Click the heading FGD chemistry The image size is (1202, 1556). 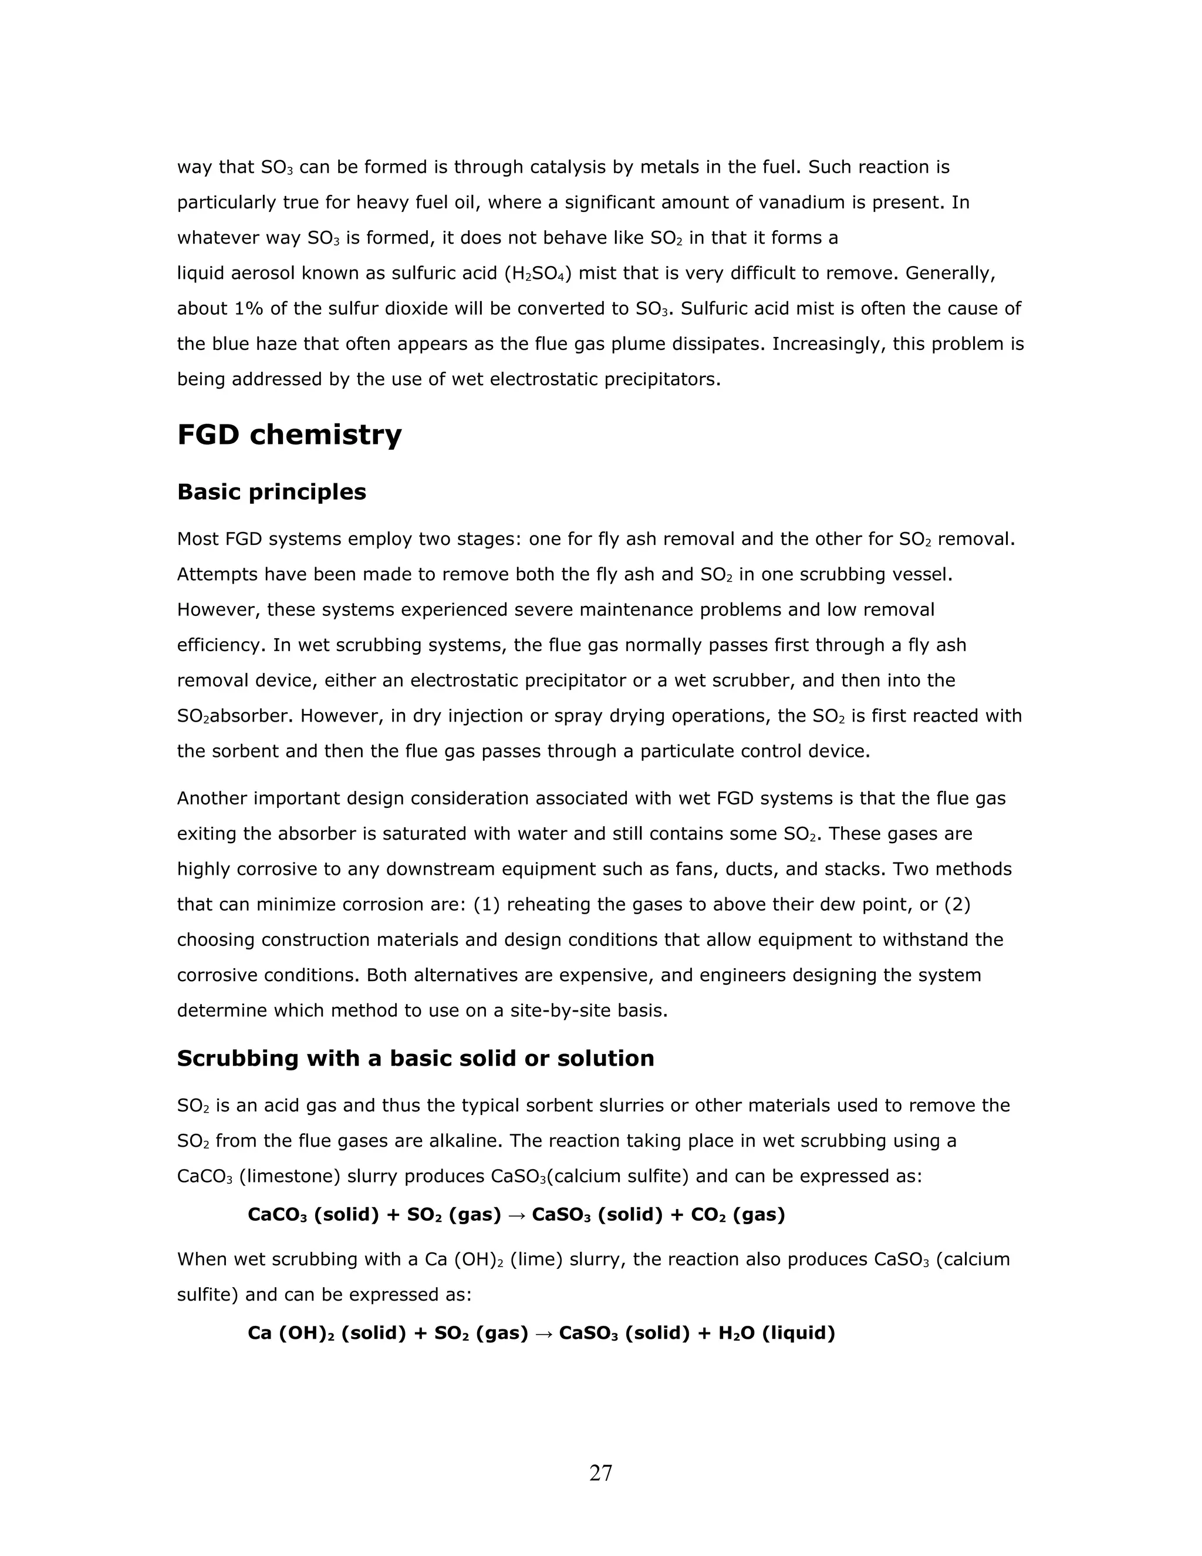[289, 435]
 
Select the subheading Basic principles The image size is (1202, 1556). [271, 492]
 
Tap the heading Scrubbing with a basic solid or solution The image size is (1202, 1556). [415, 1058]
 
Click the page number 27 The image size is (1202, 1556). [600, 1473]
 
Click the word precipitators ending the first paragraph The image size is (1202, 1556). [662, 379]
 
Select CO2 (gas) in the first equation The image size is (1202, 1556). [737, 1215]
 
